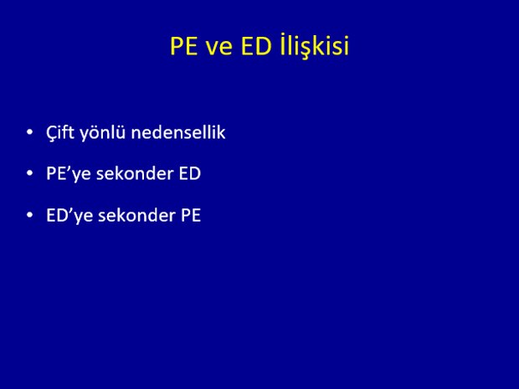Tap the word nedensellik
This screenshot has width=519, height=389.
(x=178, y=132)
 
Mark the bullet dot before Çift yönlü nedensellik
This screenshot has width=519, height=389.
(x=30, y=132)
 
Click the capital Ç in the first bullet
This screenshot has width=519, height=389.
(x=52, y=134)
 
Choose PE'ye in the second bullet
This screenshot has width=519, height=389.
(x=69, y=174)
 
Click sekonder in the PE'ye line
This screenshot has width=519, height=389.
(x=135, y=173)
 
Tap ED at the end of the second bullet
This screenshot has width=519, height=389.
(x=190, y=173)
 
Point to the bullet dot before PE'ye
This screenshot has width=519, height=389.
(x=30, y=173)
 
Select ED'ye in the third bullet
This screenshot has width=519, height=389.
(x=69, y=216)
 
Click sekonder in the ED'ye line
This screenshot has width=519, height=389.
(x=136, y=215)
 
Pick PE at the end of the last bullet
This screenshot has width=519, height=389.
(x=191, y=215)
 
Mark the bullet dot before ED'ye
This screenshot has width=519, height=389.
(x=30, y=215)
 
